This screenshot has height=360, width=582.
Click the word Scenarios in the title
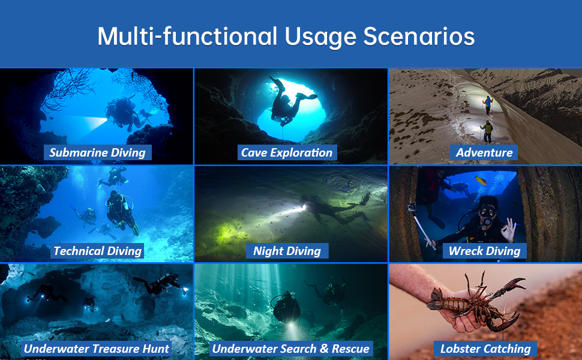point(419,37)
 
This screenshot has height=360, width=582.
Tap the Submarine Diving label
point(98,152)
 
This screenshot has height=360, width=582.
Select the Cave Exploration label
point(287,152)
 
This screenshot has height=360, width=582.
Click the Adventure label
point(484,152)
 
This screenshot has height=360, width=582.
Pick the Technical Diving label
point(97,251)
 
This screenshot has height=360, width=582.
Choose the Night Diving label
point(287,251)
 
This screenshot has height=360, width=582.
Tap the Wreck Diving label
point(484,251)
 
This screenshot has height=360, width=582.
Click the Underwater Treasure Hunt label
point(97,349)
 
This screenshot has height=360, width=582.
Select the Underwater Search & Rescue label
point(291,349)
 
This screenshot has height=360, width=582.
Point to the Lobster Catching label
point(485,349)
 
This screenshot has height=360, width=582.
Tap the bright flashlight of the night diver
point(304,207)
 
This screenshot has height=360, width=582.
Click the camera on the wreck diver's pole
point(412,209)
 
